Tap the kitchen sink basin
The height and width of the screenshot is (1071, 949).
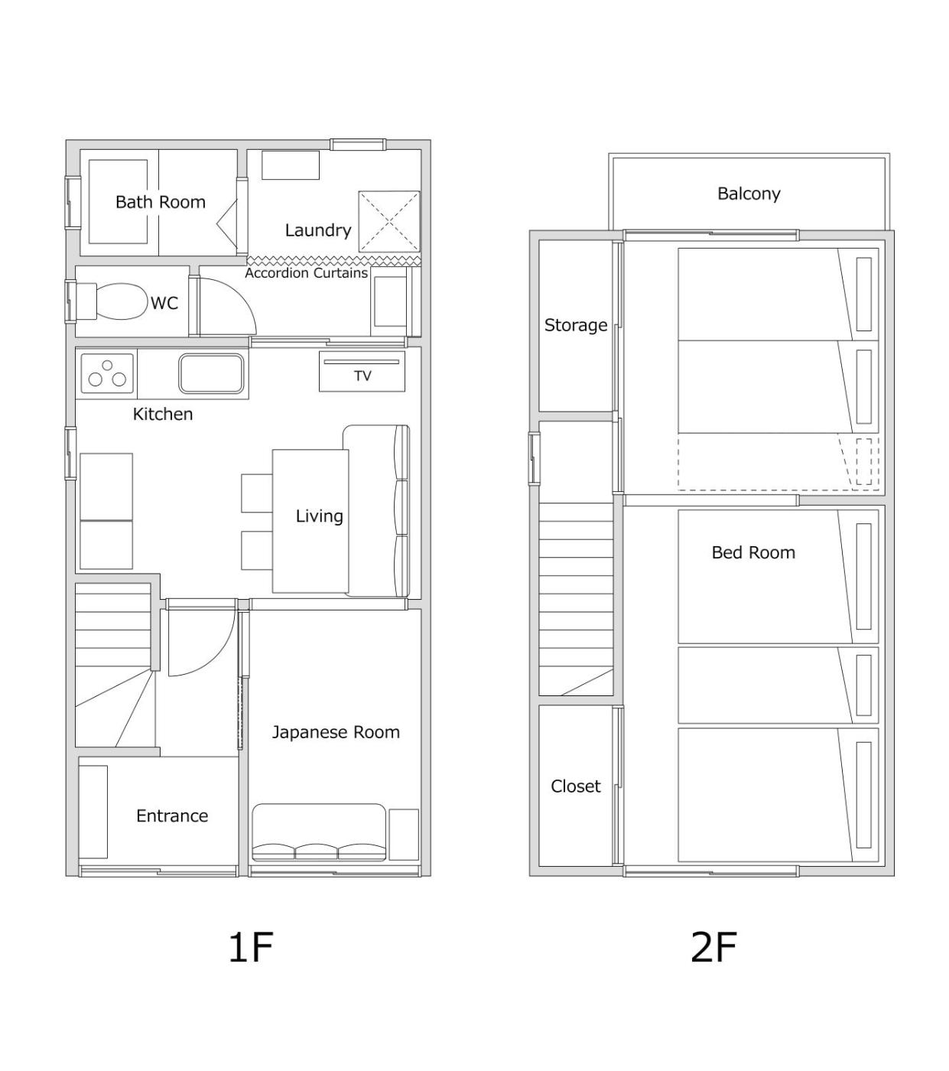(x=211, y=374)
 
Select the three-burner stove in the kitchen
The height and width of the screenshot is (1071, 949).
(x=107, y=373)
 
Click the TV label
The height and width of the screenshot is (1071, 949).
(x=362, y=376)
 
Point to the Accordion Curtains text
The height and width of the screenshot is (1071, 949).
(x=306, y=273)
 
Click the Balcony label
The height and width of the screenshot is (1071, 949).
(x=749, y=194)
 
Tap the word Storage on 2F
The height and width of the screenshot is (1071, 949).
(x=575, y=325)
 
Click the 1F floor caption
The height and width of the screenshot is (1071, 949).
(x=251, y=947)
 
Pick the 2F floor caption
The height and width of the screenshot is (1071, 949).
(x=713, y=947)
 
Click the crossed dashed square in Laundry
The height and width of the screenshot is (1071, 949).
(x=389, y=222)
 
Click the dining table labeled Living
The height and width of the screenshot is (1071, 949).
(x=310, y=521)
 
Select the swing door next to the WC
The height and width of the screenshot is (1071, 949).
(x=227, y=307)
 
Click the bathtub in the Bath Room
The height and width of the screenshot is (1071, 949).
(x=118, y=202)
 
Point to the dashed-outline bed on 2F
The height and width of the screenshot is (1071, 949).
(x=778, y=461)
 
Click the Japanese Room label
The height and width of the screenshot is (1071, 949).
(x=336, y=732)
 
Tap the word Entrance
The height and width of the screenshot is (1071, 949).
(x=172, y=815)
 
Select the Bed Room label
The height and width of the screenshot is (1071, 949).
(x=753, y=552)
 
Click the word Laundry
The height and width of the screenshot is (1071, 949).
(x=318, y=230)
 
